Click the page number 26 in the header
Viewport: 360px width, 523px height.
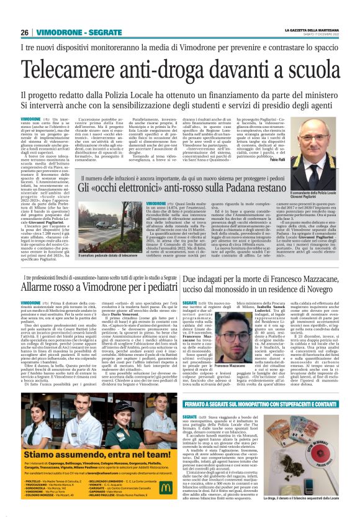[24, 32]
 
